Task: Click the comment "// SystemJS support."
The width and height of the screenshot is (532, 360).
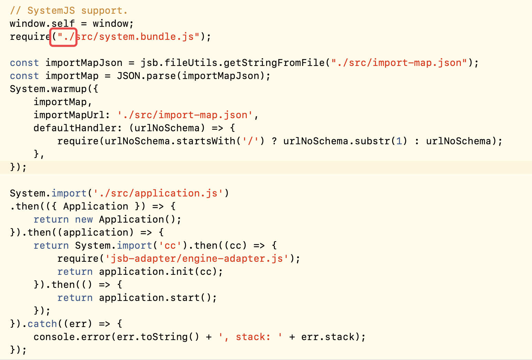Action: point(69,11)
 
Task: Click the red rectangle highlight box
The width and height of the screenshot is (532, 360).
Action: point(64,29)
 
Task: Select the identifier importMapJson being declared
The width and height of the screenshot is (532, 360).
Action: point(84,63)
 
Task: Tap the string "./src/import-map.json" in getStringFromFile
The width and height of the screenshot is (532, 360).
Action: point(399,63)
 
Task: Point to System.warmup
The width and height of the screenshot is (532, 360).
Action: point(48,89)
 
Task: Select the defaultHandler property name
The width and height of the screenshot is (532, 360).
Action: point(75,128)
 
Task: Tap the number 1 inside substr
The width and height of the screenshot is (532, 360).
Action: point(399,141)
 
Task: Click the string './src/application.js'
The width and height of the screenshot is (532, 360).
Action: point(158,193)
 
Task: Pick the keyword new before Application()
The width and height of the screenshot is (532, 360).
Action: point(84,220)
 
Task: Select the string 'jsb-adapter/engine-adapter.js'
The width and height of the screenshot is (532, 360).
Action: point(197,259)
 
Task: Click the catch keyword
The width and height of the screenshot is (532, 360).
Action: point(42,324)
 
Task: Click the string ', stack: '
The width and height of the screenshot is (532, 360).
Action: point(251,337)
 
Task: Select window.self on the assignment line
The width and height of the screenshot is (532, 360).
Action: point(42,24)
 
